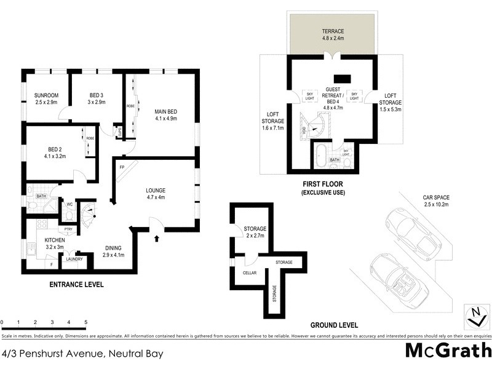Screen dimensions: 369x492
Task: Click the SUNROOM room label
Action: point(46,95)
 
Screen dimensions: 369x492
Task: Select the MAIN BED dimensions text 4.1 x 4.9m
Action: point(165,119)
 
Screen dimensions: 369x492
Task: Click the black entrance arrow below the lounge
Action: point(158,237)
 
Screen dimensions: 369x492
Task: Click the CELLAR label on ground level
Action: point(249,272)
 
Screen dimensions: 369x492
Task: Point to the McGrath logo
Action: point(448,352)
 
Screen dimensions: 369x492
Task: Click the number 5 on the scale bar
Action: point(85,322)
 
